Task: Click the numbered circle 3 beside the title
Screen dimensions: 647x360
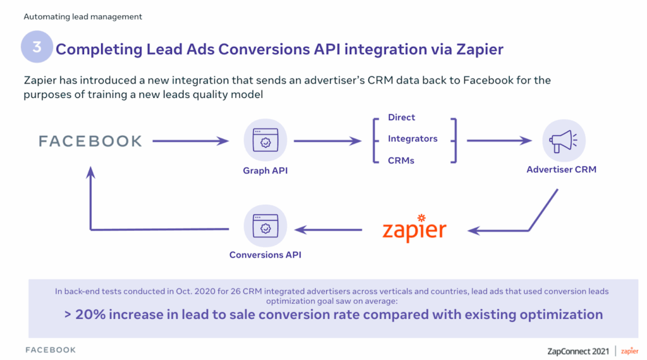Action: [37, 47]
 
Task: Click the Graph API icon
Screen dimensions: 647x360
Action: [265, 140]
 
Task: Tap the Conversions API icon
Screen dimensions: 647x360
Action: [265, 226]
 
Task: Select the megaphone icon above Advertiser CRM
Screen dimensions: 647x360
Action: [564, 141]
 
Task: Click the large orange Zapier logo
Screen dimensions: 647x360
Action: [414, 228]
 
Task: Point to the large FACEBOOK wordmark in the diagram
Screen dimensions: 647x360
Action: [90, 141]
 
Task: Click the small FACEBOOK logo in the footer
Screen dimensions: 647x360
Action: [51, 350]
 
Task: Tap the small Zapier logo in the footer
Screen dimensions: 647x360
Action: [629, 351]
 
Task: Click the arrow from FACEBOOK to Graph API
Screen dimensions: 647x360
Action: [191, 141]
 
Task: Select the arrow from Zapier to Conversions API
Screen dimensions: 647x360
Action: [329, 230]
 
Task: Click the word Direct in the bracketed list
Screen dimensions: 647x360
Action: [401, 117]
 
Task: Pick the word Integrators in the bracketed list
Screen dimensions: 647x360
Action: [413, 138]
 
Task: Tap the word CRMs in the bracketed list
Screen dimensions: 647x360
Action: [401, 160]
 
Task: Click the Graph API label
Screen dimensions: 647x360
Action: [265, 171]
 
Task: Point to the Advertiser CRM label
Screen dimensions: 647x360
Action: [561, 169]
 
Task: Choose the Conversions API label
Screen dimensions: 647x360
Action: [265, 255]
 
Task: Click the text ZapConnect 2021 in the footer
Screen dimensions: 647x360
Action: [578, 351]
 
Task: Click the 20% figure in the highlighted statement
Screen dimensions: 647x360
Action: [90, 315]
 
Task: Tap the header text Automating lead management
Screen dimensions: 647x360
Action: [83, 16]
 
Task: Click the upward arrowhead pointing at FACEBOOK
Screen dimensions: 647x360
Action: [91, 172]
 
